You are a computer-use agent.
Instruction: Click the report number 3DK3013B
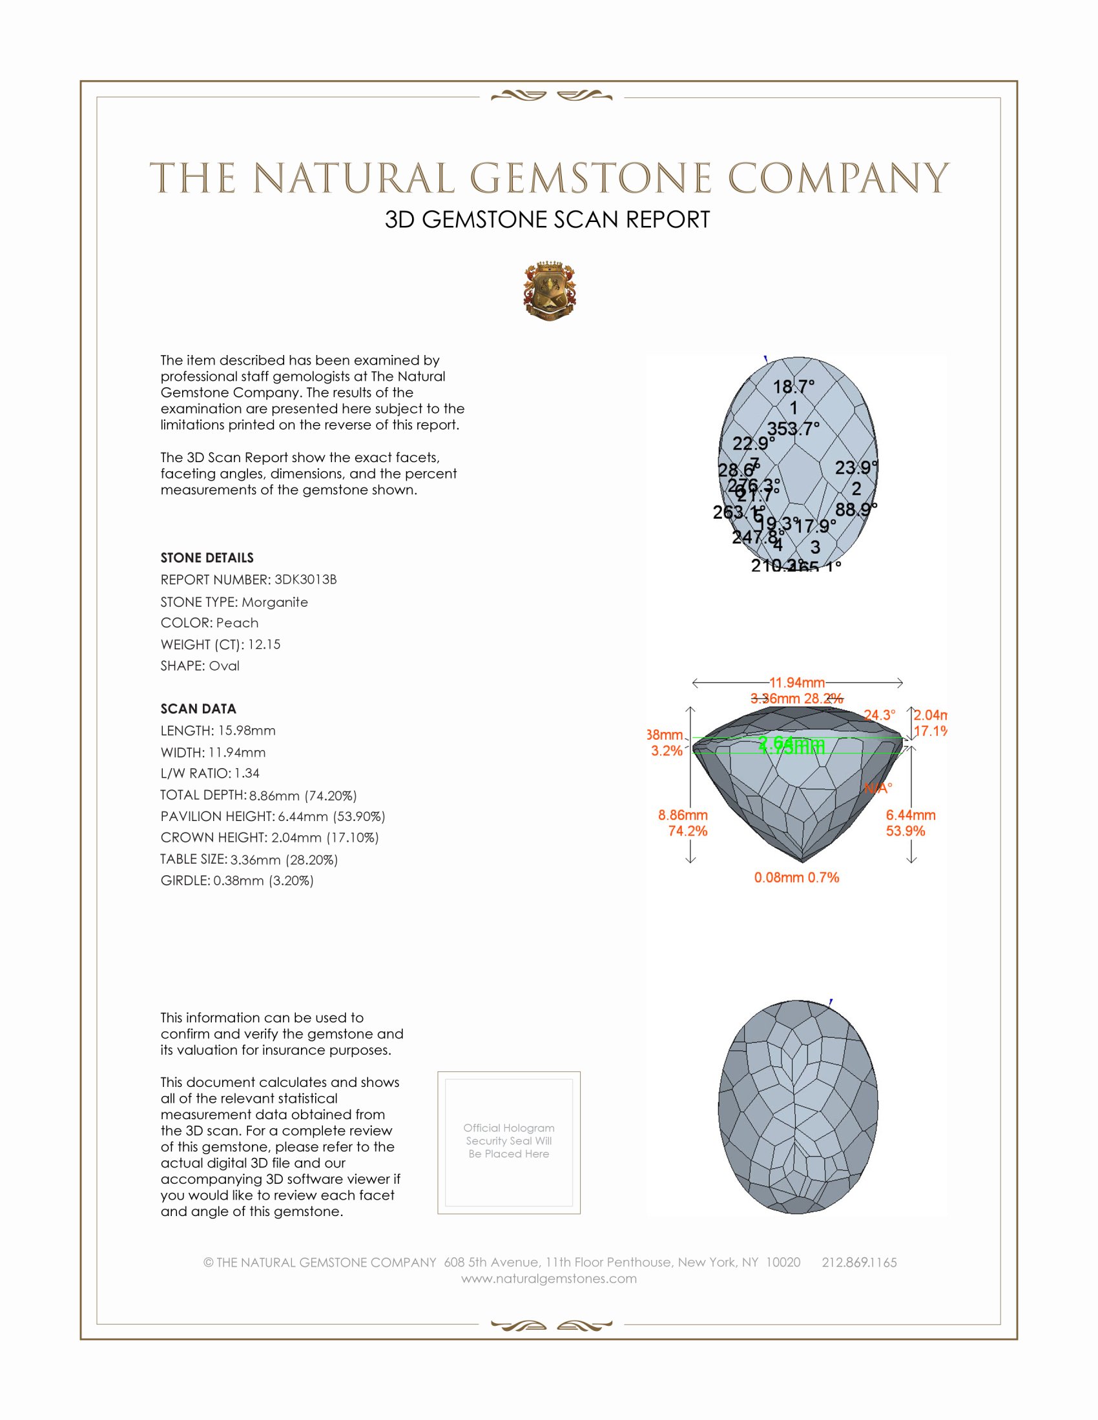[305, 580]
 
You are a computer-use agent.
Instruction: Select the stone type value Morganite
[274, 602]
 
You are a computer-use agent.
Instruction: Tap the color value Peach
[237, 623]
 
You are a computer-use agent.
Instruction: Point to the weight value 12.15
[264, 644]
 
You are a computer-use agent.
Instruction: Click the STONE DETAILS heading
[207, 558]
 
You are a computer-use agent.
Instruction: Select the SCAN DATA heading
[198, 709]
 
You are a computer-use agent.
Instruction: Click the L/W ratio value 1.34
[247, 773]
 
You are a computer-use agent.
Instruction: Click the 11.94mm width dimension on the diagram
[797, 683]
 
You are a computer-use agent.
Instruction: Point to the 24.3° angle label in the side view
[880, 715]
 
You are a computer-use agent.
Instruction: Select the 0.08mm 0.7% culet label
[796, 877]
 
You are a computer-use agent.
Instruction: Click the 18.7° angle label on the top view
[793, 387]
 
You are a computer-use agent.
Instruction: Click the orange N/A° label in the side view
[878, 788]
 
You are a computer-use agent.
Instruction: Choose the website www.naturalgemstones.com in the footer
[549, 1279]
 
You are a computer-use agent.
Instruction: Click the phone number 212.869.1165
[858, 1263]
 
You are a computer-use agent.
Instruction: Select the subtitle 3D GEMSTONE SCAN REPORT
[547, 219]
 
